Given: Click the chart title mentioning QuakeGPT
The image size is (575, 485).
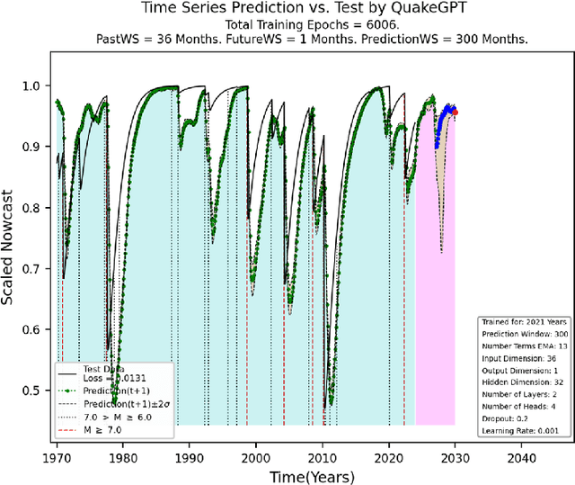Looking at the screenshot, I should tap(287, 10).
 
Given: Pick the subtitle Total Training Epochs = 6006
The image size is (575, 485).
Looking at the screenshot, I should tap(287, 27).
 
